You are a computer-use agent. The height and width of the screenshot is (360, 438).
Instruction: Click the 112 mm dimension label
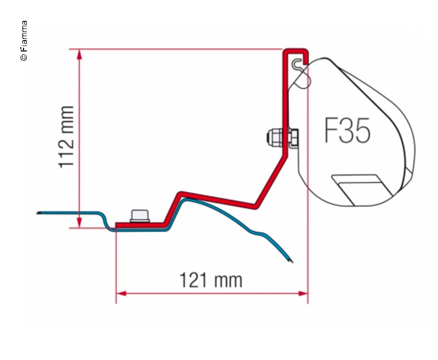pos(66,136)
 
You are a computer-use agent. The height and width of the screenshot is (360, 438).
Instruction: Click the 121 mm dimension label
pos(211,280)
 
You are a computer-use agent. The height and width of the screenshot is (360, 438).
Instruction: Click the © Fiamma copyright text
pos(24,41)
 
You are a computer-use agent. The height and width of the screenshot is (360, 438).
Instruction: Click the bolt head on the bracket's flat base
pos(140,216)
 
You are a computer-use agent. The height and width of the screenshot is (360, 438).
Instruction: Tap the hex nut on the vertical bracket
pos(272,136)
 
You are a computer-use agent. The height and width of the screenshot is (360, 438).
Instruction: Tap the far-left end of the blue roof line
pos(38,213)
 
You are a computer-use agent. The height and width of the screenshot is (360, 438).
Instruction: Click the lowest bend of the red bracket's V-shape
pos(257,207)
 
